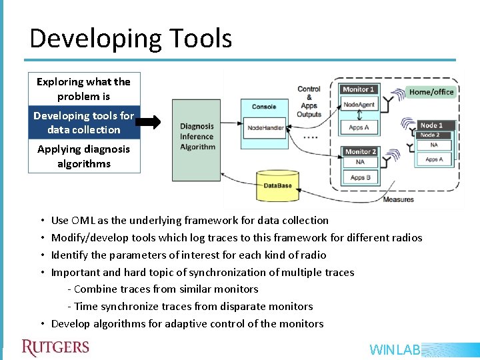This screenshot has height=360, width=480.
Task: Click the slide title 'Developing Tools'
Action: click(131, 39)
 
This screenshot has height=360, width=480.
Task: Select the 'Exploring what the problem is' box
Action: click(84, 89)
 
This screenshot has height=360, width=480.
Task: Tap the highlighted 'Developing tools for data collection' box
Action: click(84, 123)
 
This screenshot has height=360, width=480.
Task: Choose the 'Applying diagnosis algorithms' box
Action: click(84, 156)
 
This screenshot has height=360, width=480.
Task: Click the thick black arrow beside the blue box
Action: click(153, 123)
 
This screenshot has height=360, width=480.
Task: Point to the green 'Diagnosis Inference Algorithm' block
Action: click(196, 140)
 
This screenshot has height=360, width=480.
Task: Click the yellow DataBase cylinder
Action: click(277, 185)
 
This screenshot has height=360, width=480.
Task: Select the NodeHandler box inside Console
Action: click(265, 127)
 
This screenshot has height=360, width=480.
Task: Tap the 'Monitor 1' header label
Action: click(359, 89)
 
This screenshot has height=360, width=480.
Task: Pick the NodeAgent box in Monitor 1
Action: click(359, 105)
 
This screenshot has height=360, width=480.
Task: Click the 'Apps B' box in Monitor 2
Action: click(360, 178)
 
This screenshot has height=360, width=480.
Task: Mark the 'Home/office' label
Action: click(431, 92)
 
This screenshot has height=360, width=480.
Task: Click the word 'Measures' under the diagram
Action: click(398, 199)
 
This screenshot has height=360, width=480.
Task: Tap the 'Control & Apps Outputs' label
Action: click(309, 101)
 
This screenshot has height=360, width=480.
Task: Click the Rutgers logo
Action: click(55, 348)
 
